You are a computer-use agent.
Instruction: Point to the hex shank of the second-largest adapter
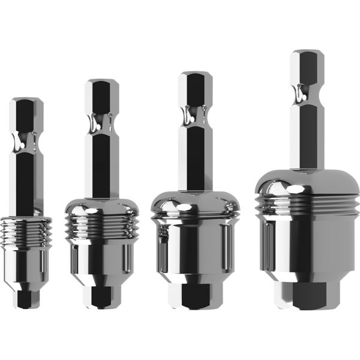(x=194, y=156)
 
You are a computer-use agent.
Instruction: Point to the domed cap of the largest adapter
(x=307, y=180)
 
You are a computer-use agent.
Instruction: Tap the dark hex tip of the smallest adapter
(x=26, y=297)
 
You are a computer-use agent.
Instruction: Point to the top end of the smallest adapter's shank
(x=26, y=101)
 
